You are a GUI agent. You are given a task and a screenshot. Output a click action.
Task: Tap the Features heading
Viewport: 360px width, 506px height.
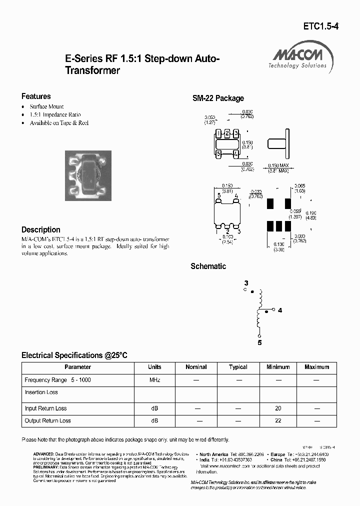click(36, 96)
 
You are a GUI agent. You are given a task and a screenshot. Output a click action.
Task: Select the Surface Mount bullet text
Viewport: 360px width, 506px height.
click(46, 107)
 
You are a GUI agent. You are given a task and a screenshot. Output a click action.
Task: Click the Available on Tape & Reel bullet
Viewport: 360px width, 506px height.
click(59, 123)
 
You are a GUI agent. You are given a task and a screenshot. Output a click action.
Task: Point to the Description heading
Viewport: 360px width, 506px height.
click(40, 230)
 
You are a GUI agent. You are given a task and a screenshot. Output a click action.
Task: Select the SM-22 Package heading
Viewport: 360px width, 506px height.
click(218, 98)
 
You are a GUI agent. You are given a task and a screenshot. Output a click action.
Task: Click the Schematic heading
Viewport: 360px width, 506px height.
click(208, 266)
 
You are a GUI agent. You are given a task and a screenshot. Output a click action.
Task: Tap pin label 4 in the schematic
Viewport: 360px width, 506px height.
click(280, 310)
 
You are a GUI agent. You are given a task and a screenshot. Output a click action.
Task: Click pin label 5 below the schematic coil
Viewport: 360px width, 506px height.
click(259, 343)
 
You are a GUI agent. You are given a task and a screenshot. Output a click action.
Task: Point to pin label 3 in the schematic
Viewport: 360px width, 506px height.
click(246, 283)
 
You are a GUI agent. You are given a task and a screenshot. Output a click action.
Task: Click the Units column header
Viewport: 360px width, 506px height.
click(154, 367)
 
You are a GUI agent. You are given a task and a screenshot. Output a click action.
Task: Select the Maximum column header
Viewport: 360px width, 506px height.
click(316, 367)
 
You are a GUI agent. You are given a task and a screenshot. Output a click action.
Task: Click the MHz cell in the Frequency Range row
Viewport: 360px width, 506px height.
click(154, 380)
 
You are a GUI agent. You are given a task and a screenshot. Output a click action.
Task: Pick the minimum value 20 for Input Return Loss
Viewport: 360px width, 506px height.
click(278, 408)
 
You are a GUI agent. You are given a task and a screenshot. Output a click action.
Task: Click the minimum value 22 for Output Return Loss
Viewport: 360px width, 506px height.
click(278, 421)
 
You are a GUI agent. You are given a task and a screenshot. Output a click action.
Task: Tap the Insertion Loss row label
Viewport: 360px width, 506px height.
click(41, 392)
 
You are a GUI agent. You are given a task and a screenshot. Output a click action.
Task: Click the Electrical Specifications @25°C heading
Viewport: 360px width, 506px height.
click(74, 355)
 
